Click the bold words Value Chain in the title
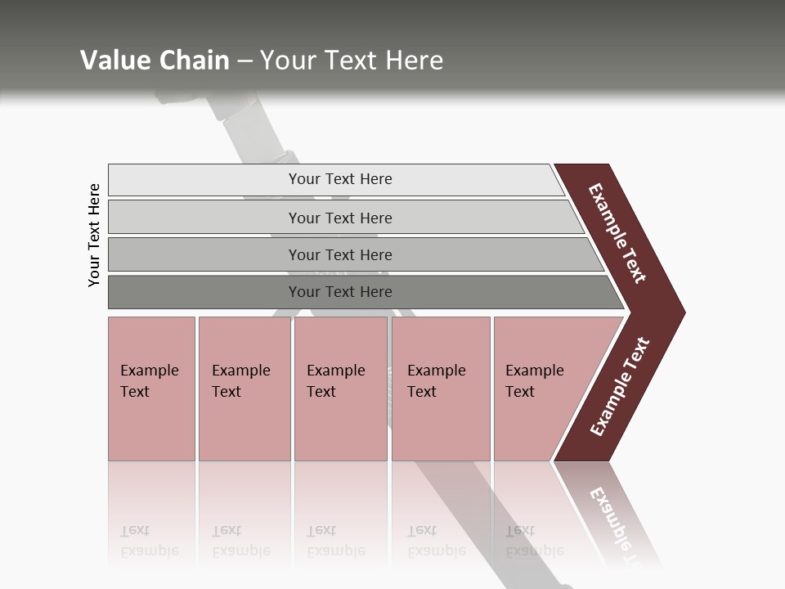tap(155, 60)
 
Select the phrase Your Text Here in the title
tap(352, 60)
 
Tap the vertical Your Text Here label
tap(94, 236)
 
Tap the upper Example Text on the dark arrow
tap(617, 233)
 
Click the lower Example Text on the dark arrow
tap(619, 387)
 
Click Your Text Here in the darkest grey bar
tap(340, 292)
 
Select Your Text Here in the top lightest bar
tap(340, 179)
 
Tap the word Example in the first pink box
tap(149, 371)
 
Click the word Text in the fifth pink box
tap(520, 392)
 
